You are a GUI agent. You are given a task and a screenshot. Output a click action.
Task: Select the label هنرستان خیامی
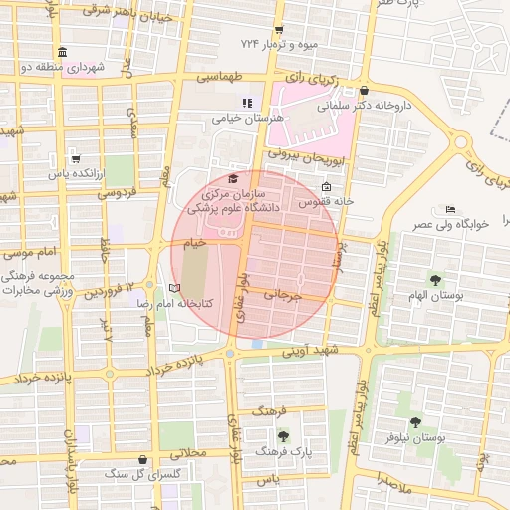(x=247, y=118)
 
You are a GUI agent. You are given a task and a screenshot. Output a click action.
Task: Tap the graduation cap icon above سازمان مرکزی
(x=233, y=177)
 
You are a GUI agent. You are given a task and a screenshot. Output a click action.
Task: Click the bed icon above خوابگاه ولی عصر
(x=451, y=209)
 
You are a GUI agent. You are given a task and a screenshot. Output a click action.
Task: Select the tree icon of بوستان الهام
(x=435, y=278)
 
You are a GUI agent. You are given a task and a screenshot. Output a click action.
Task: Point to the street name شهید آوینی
(x=311, y=351)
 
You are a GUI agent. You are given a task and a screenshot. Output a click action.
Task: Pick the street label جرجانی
(x=282, y=295)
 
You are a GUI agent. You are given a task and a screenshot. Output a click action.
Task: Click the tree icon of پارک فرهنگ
(x=284, y=435)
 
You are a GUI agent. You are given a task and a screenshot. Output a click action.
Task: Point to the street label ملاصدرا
(x=395, y=480)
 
